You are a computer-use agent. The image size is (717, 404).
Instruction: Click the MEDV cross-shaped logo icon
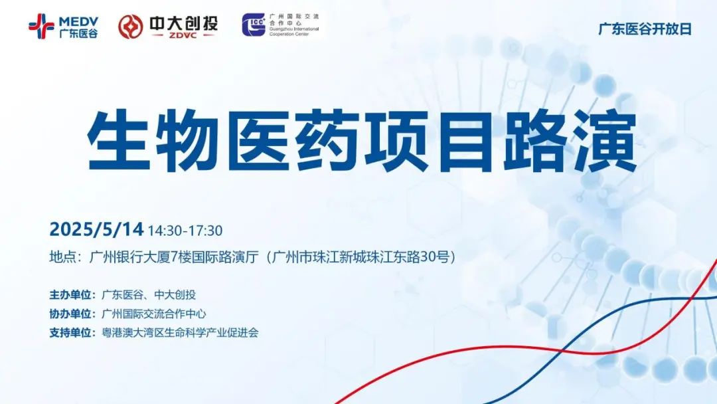point(41,26)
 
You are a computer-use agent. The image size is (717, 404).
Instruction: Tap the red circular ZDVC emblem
point(131,27)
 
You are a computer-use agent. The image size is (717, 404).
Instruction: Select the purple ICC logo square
point(254,25)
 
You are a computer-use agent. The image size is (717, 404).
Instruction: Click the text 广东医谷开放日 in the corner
point(645,29)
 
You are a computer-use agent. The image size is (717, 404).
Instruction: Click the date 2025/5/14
point(96,229)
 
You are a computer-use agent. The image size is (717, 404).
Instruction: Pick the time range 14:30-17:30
point(185,231)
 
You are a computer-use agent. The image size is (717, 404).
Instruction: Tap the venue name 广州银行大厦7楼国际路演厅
point(174,257)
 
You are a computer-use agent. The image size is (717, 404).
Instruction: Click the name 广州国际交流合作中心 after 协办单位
point(153,314)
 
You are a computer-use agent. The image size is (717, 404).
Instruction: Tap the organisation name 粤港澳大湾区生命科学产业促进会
point(180,333)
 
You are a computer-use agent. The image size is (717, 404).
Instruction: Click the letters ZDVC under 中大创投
point(183,35)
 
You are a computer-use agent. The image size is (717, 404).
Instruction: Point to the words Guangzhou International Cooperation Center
point(294,31)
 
